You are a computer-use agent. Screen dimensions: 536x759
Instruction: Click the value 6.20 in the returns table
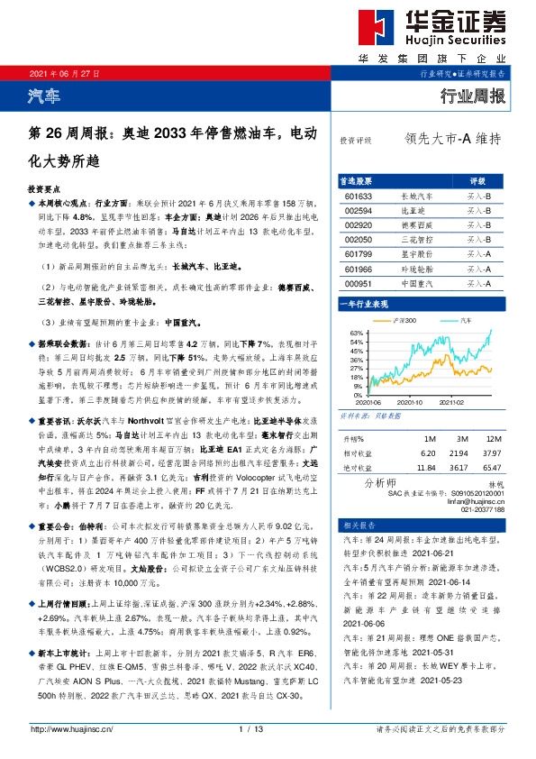coord(428,453)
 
